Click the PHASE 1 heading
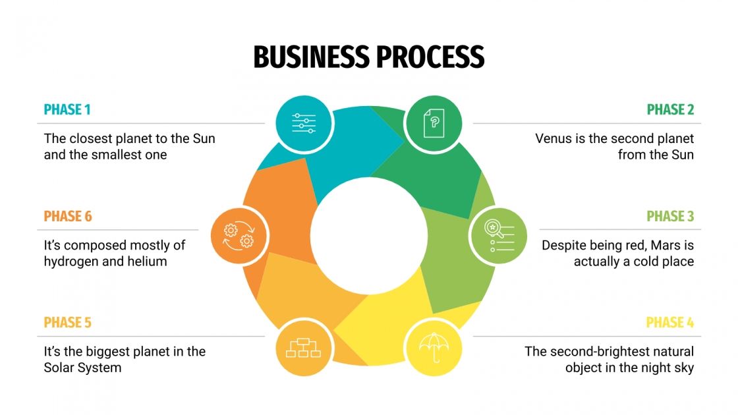(67, 109)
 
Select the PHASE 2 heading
(670, 109)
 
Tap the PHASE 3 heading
(670, 216)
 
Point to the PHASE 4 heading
(669, 323)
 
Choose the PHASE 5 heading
(67, 323)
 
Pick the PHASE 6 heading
(68, 216)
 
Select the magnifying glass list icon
(498, 236)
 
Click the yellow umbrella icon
(433, 348)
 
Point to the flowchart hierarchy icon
(303, 348)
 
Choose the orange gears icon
(239, 236)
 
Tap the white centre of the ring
(368, 236)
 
